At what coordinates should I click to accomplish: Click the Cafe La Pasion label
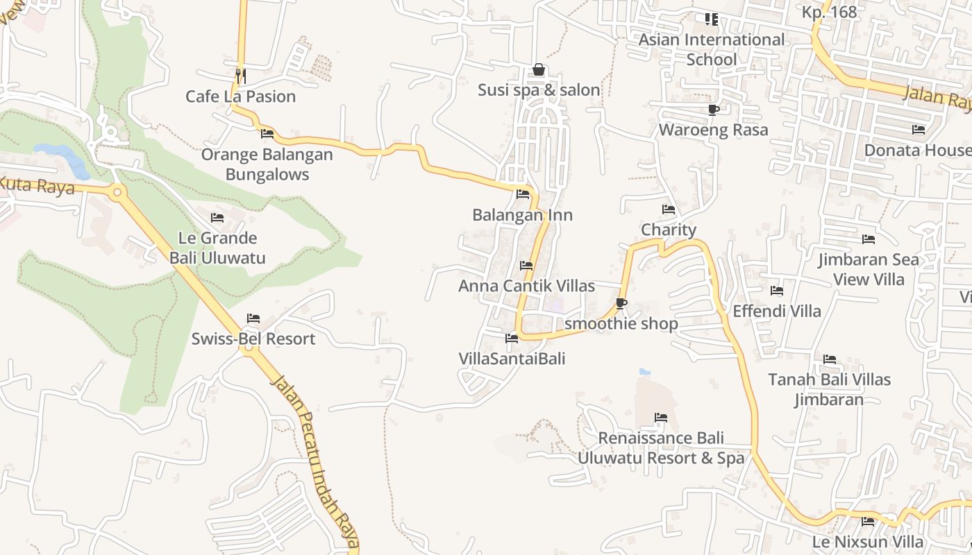[x=240, y=96]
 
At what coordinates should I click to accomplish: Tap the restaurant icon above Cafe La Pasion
[x=240, y=75]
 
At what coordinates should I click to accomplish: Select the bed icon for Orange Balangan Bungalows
[x=267, y=134]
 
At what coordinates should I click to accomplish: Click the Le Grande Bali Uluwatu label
[x=217, y=248]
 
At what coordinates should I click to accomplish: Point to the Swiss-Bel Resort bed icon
[x=253, y=318]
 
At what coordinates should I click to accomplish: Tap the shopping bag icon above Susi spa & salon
[x=538, y=69]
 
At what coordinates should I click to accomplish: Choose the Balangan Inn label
[x=522, y=215]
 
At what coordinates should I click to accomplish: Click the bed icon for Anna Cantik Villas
[x=526, y=266]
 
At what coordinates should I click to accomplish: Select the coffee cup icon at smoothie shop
[x=621, y=303]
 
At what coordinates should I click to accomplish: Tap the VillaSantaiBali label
[x=512, y=359]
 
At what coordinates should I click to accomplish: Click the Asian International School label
[x=711, y=49]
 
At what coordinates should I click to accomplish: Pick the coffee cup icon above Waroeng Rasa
[x=713, y=110]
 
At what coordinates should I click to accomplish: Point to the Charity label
[x=668, y=230]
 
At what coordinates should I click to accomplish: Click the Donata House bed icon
[x=919, y=130]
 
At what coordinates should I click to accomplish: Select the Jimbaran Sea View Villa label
[x=868, y=269]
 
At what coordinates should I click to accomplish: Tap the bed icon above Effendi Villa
[x=777, y=291]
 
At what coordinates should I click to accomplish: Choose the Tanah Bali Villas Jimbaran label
[x=829, y=389]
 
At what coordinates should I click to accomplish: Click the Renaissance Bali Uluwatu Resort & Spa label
[x=661, y=448]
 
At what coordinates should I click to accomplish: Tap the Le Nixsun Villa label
[x=868, y=541]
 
